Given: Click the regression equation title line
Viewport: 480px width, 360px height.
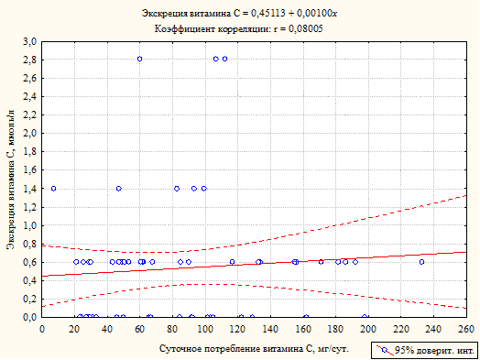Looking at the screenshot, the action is pyautogui.click(x=239, y=14).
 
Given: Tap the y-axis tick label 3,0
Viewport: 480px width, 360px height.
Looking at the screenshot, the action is pyautogui.click(x=29, y=41).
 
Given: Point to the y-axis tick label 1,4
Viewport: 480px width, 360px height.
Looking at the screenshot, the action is pyautogui.click(x=29, y=189).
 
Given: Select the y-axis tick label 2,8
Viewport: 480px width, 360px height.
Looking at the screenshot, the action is pyautogui.click(x=29, y=60).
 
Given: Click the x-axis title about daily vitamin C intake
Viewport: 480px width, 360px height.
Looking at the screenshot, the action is pyautogui.click(x=254, y=349).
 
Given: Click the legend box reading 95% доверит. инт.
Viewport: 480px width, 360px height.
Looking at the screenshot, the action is pyautogui.click(x=424, y=350).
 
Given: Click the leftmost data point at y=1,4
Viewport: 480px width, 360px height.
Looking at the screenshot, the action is pyautogui.click(x=53, y=189).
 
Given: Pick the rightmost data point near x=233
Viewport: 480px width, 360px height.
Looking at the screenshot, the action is pyautogui.click(x=422, y=262).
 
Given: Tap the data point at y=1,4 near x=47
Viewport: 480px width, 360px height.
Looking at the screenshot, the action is pyautogui.click(x=119, y=189).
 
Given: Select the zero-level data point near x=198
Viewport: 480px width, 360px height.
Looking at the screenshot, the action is pyautogui.click(x=365, y=317).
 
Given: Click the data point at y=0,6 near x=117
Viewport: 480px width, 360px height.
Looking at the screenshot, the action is pyautogui.click(x=233, y=262).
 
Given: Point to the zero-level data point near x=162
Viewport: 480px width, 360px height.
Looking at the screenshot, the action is pyautogui.click(x=306, y=317).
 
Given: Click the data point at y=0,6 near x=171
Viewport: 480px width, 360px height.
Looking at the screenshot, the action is pyautogui.click(x=321, y=262).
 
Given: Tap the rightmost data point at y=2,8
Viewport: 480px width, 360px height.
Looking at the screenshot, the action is pyautogui.click(x=224, y=59).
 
